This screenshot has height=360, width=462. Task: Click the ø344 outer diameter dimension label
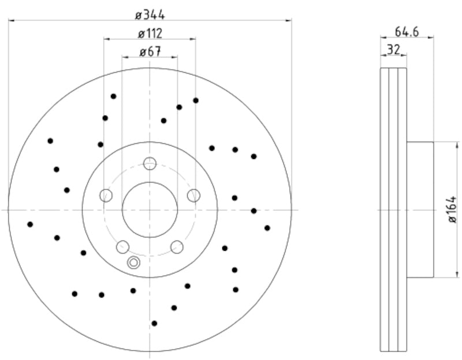click(150, 14)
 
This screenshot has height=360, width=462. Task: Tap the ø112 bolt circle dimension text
click(150, 34)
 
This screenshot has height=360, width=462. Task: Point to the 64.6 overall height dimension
click(407, 31)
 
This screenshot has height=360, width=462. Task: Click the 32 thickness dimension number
click(393, 50)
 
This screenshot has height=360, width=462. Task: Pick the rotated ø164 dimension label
click(452, 209)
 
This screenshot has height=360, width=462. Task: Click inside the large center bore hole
click(150, 209)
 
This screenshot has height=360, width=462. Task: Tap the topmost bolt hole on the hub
click(150, 164)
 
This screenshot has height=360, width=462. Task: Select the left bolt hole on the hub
click(106, 195)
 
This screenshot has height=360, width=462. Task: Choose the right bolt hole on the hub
click(193, 195)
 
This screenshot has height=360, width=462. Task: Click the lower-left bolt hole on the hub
click(122, 247)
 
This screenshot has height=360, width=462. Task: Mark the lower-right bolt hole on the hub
click(177, 247)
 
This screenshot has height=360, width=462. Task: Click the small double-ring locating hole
click(133, 263)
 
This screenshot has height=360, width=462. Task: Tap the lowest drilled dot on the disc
click(154, 323)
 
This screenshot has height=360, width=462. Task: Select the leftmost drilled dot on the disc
click(30, 224)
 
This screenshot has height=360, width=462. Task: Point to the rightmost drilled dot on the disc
click(267, 228)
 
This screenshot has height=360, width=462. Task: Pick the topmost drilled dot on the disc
click(113, 96)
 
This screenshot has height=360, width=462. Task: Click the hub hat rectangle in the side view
click(420, 209)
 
